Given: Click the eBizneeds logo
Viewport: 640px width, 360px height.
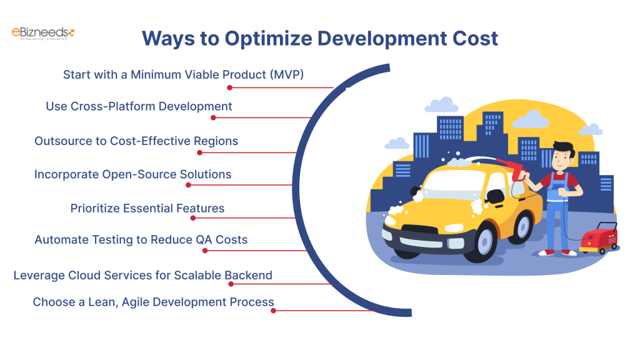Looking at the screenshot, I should (43, 33).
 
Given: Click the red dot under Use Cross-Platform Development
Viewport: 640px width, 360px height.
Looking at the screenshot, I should (213, 117).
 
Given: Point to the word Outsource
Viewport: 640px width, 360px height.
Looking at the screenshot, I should (61, 141).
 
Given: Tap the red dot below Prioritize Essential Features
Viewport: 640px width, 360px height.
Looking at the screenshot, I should (193, 218).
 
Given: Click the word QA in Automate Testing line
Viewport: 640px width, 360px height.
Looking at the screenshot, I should (201, 239).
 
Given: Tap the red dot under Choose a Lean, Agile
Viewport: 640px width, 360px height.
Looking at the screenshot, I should (273, 310).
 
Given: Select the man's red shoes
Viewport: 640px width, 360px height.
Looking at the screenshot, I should (557, 252).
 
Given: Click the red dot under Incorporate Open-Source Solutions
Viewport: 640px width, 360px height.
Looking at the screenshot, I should (188, 185).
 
